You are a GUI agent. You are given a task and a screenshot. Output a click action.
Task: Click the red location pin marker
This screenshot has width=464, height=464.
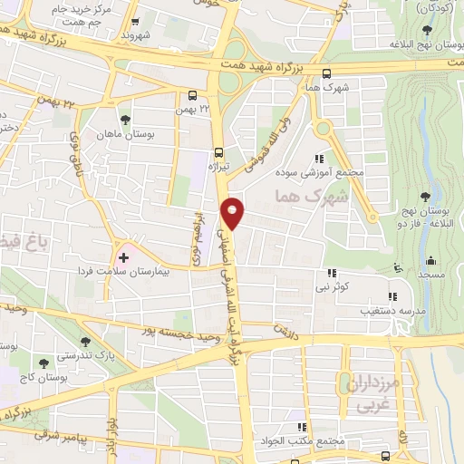click(233, 212)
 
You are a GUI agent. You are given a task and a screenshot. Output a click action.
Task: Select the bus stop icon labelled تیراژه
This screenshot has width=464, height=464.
click(218, 152)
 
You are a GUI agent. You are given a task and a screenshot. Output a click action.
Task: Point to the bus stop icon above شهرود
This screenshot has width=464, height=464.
click(135, 22)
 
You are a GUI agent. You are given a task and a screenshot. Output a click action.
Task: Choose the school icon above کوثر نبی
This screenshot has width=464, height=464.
click(333, 273)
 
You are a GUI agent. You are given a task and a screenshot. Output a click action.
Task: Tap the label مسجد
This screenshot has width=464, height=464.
click(430, 273)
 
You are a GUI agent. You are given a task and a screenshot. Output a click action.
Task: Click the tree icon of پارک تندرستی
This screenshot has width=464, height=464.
click(85, 342)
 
